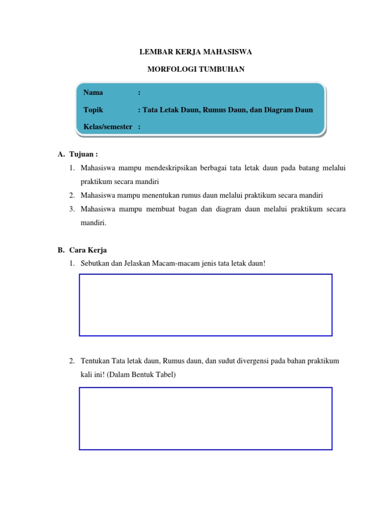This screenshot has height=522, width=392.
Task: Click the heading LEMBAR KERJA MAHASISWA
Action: (x=196, y=52)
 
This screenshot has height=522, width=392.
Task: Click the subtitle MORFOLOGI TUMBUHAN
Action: (x=196, y=69)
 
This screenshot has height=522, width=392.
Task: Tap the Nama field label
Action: (x=93, y=92)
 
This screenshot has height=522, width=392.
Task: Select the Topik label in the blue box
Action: (x=93, y=110)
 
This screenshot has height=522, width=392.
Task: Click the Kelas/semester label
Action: (x=108, y=126)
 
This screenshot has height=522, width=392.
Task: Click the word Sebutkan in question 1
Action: (x=95, y=264)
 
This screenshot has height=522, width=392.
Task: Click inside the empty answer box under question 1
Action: (x=206, y=305)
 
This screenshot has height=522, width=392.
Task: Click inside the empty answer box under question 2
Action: (x=206, y=418)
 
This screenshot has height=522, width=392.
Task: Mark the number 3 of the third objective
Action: (x=72, y=209)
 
